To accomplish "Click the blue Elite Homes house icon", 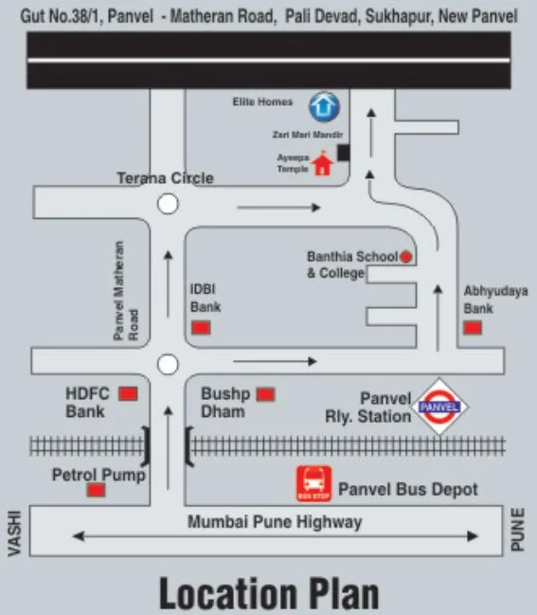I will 324,103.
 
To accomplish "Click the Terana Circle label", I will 165,178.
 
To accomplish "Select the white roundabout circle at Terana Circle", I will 169,203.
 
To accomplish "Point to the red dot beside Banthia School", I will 405,256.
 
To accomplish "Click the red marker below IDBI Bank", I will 201,328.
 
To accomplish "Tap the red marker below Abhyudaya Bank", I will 472,328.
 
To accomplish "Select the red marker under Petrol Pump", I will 96,490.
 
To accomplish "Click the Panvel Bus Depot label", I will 408,490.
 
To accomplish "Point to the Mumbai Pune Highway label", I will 275,522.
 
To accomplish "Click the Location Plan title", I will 269,594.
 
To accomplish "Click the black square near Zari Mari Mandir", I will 343,152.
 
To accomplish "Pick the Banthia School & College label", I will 349,264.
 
